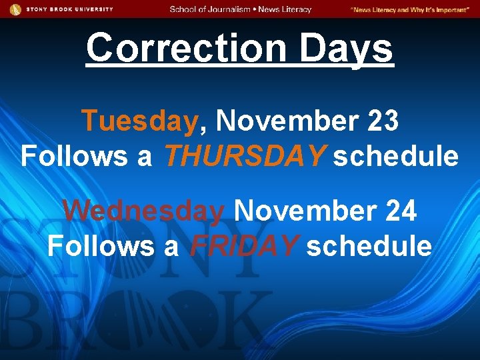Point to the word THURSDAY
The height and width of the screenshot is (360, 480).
(x=245, y=157)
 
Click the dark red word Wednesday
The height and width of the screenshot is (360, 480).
(x=144, y=211)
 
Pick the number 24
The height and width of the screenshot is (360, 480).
(x=401, y=211)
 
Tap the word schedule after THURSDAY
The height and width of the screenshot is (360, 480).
(x=396, y=157)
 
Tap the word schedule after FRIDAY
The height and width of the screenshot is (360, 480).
(x=369, y=246)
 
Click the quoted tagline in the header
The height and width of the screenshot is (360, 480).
(x=409, y=9)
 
